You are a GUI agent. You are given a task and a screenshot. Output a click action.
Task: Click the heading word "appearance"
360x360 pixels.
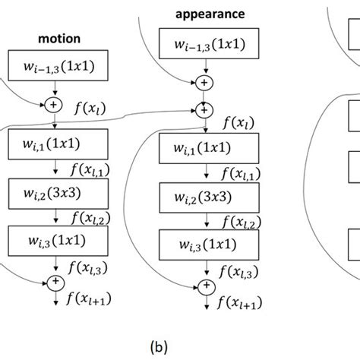pos(204,14)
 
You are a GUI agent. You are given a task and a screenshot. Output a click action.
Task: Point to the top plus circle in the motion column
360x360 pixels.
pos(54,103)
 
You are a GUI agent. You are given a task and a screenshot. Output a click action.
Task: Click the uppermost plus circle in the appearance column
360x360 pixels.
pos(204,82)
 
